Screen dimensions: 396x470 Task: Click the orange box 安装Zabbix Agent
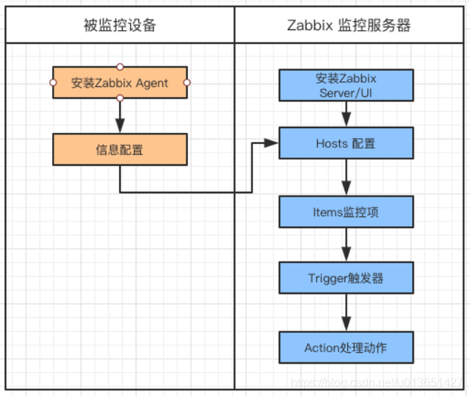pyautogui.click(x=120, y=83)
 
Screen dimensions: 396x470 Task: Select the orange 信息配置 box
pyautogui.click(x=120, y=150)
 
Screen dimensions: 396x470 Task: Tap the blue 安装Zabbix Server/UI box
pyautogui.click(x=346, y=85)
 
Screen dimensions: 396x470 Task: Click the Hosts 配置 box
pyautogui.click(x=346, y=143)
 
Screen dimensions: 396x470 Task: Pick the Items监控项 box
pyautogui.click(x=346, y=212)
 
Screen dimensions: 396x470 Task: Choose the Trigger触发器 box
pyautogui.click(x=346, y=278)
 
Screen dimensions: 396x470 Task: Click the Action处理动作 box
pyautogui.click(x=346, y=347)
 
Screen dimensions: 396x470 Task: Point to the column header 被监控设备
pyautogui.click(x=120, y=26)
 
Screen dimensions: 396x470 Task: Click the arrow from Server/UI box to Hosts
pyautogui.click(x=346, y=114)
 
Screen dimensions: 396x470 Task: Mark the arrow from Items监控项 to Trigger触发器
pyautogui.click(x=346, y=245)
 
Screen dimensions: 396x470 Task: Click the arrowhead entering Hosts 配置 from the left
pyautogui.click(x=273, y=144)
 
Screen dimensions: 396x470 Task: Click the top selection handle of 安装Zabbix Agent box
pyautogui.click(x=120, y=67)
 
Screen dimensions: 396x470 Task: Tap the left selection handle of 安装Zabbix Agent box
pyautogui.click(x=53, y=83)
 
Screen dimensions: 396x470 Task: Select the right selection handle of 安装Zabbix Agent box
pyautogui.click(x=187, y=83)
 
